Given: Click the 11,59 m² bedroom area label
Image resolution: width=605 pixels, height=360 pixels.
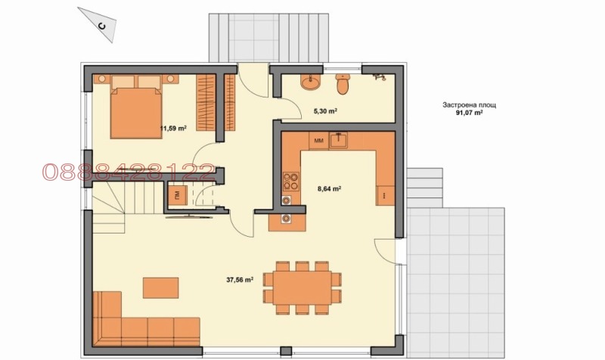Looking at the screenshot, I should coord(172,129).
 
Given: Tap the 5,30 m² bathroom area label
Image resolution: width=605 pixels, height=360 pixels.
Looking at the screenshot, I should coord(325,111).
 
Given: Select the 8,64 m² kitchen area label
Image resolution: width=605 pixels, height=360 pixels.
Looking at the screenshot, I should coord(329,188).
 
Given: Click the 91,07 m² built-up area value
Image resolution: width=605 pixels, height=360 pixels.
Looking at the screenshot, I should coord(470,113).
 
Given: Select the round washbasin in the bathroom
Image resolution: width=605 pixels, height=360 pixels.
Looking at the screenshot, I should coord(310,82).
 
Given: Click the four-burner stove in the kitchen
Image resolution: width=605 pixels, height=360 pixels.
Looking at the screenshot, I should coord(289,182).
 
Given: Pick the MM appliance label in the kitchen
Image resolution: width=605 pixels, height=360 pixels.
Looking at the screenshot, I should coord(318,141).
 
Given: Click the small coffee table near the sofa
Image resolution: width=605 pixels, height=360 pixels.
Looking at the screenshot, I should coord(160,287).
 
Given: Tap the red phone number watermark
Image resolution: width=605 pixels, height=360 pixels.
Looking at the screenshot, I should coord(128,172).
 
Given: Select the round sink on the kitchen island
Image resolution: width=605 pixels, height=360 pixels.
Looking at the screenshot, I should coord(286,219).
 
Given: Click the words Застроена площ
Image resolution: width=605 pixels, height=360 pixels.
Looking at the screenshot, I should coord(470,106).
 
